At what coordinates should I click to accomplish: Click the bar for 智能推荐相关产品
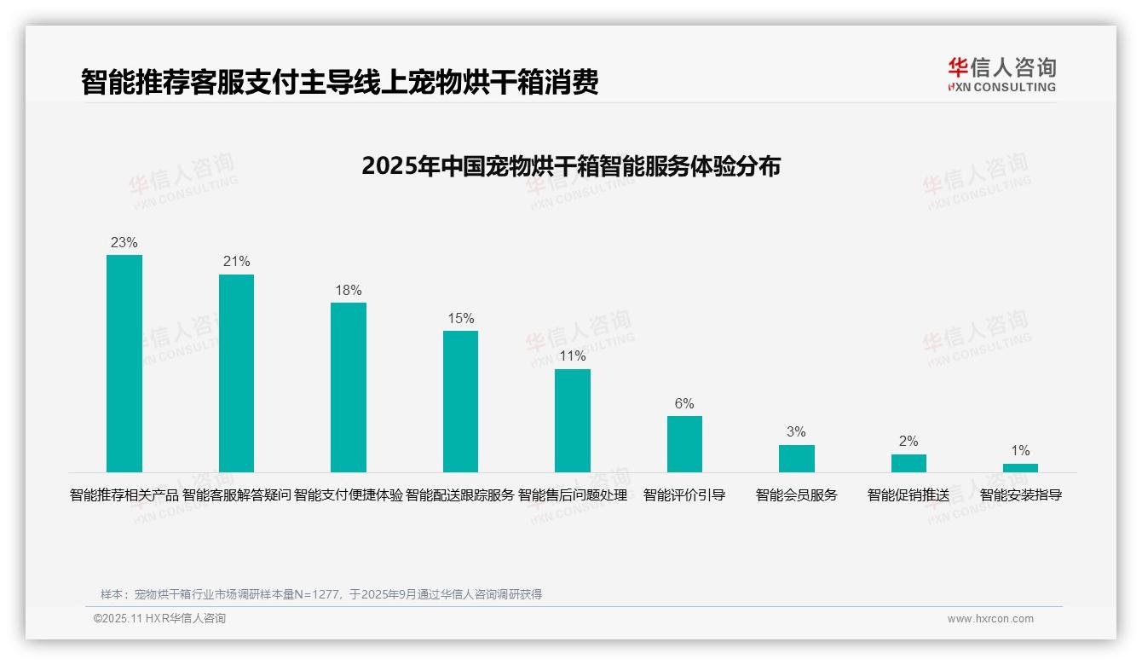(x=124, y=363)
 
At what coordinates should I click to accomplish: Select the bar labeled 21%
(x=236, y=373)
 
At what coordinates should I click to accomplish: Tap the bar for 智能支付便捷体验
(x=349, y=387)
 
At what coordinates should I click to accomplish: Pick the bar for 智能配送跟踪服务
(x=460, y=402)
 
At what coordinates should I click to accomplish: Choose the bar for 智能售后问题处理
(x=573, y=420)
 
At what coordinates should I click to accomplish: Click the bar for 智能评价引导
(x=684, y=444)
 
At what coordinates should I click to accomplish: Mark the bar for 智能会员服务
(x=796, y=459)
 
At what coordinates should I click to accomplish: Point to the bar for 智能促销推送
(x=908, y=463)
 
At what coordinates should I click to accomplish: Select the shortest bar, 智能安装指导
(x=1020, y=468)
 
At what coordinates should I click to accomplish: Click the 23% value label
(x=124, y=242)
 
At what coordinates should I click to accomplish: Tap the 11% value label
(x=573, y=356)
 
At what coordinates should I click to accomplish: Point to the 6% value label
(x=684, y=403)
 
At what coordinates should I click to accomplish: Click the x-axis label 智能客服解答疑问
(x=236, y=494)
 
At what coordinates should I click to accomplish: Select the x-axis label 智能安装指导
(x=1020, y=494)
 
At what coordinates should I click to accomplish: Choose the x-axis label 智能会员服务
(x=796, y=494)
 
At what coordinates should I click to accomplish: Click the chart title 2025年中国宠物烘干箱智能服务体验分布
(x=571, y=165)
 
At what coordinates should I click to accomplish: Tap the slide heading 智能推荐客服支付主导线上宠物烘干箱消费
(x=339, y=82)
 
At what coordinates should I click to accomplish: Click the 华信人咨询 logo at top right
(x=1001, y=75)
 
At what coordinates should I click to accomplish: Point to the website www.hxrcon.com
(x=990, y=619)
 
